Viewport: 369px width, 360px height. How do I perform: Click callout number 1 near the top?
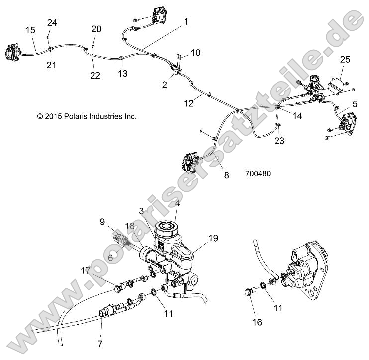(186, 22)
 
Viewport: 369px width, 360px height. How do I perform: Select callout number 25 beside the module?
(345, 60)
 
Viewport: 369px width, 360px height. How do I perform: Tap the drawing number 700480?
(258, 174)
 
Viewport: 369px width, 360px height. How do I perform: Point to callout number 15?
(30, 31)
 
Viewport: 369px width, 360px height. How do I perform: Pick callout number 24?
(52, 22)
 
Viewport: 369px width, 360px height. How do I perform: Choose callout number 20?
(96, 29)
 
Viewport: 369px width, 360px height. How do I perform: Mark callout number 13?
(122, 74)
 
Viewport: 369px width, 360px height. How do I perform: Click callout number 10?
(195, 53)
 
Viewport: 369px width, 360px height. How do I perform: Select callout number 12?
(189, 103)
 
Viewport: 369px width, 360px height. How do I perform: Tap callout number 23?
(279, 141)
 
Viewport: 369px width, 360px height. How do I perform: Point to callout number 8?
(226, 175)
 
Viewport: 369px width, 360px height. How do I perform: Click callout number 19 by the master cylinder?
(213, 238)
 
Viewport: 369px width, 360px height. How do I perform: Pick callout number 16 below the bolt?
(257, 322)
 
